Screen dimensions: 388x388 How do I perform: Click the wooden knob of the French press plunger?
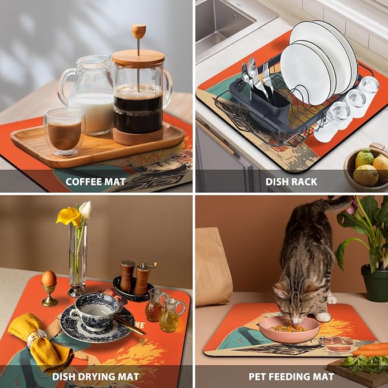point(138,31)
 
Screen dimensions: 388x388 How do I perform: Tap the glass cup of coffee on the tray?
point(65,131)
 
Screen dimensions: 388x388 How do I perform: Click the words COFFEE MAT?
point(95,182)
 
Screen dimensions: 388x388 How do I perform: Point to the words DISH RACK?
point(291,182)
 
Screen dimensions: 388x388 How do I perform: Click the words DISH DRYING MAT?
point(95,377)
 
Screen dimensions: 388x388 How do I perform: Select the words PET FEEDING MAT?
point(291,377)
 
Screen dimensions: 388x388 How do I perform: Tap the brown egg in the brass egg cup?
point(49,278)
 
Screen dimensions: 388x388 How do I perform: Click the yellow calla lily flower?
point(69,216)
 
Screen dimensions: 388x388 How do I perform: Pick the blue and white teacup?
point(96,311)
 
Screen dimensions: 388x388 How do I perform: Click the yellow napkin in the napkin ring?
point(39,342)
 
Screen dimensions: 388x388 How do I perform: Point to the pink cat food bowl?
point(289,330)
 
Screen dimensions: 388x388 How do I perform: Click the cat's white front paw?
point(323,317)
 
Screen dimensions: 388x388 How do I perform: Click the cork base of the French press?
point(138,135)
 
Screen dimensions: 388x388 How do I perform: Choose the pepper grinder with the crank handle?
point(143,278)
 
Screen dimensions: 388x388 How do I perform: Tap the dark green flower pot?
point(375,283)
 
